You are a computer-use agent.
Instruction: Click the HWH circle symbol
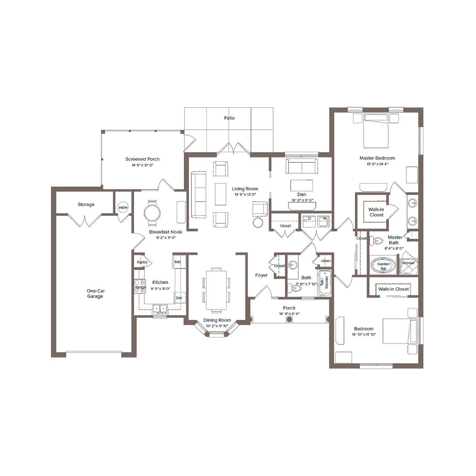(x=123, y=208)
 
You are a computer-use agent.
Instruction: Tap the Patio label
(x=229, y=118)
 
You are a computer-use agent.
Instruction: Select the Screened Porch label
(x=142, y=159)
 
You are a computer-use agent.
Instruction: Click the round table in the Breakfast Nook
(x=152, y=213)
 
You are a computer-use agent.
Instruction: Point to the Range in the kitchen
(x=140, y=286)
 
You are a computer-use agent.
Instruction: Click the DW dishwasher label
(x=179, y=298)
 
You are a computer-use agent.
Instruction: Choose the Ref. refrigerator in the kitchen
(x=178, y=262)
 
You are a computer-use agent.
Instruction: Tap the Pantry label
(x=142, y=262)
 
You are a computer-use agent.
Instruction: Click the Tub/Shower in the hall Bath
(x=324, y=282)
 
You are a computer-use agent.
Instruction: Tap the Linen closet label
(x=326, y=261)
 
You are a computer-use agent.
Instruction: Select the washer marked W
(x=324, y=221)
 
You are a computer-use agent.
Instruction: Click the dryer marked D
(x=309, y=221)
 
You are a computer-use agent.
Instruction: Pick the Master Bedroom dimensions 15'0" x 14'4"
(x=377, y=164)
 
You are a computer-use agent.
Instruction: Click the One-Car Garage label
(x=95, y=293)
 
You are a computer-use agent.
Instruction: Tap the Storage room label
(x=86, y=205)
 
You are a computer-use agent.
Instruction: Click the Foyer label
(x=261, y=275)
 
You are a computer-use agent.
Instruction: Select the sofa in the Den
(x=301, y=166)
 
